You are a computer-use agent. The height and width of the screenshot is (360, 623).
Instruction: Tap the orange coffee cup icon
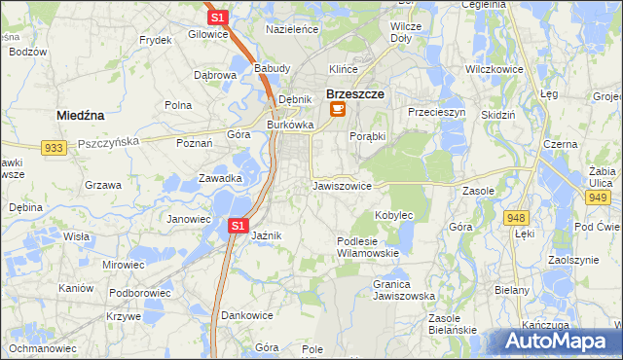click(x=338, y=110)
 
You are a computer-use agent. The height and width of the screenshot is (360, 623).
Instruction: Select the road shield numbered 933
click(x=55, y=147)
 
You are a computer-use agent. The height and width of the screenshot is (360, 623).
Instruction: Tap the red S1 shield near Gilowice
click(x=218, y=18)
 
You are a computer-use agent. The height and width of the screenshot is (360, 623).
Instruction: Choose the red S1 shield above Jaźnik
click(x=239, y=226)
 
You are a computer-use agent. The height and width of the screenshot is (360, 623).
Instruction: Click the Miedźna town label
click(x=81, y=115)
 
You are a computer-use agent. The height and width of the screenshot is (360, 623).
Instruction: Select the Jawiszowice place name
click(x=342, y=185)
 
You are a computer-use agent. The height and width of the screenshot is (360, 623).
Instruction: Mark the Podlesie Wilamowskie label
click(x=368, y=246)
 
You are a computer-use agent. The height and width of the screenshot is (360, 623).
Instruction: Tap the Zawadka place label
click(x=220, y=178)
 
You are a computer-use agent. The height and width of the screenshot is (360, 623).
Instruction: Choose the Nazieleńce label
click(x=292, y=30)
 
